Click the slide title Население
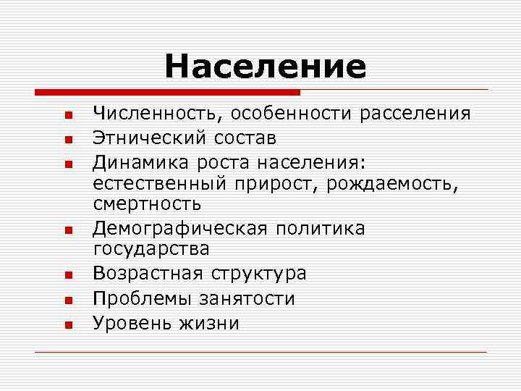click(265, 67)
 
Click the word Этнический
click(149, 137)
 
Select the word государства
click(151, 250)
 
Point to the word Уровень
click(130, 322)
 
